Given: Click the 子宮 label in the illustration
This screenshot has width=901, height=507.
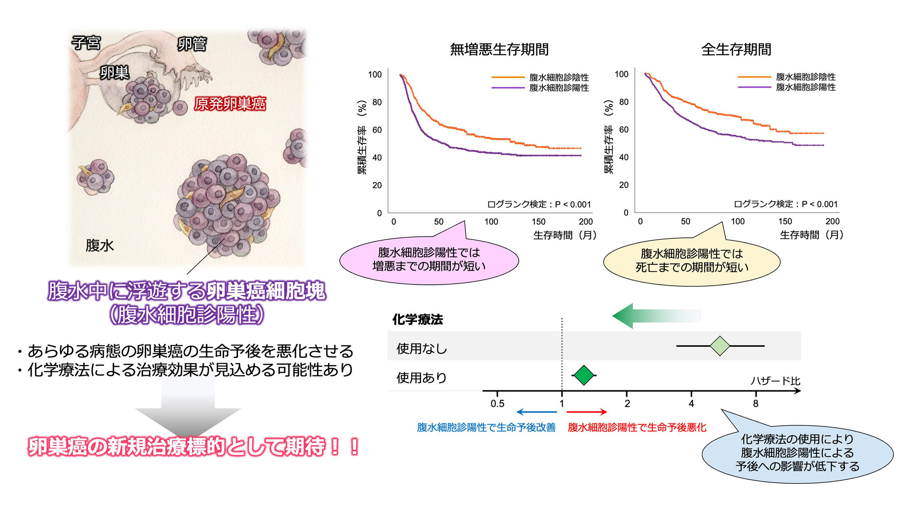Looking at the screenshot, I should [x=86, y=42].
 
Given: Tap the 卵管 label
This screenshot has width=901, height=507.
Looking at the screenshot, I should [x=192, y=44].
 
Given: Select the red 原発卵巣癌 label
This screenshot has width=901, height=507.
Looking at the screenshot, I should [x=230, y=104].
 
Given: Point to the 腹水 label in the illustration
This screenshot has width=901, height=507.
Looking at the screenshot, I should [x=99, y=245].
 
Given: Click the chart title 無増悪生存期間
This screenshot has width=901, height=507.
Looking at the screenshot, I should [x=499, y=49].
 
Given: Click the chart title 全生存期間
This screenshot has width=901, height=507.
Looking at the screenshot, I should [x=736, y=49].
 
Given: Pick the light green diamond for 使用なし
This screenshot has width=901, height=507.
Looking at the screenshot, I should [x=720, y=346].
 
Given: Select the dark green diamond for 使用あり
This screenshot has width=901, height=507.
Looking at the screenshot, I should [x=584, y=375].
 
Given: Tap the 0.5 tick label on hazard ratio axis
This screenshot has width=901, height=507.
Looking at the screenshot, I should [x=497, y=404].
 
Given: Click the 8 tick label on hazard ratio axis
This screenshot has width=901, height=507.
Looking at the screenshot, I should [x=756, y=404].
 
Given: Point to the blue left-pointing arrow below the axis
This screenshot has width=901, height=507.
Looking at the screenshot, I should [x=536, y=412].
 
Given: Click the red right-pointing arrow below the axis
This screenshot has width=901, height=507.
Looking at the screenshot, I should [x=587, y=412].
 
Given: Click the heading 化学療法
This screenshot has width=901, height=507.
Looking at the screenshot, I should [x=417, y=319].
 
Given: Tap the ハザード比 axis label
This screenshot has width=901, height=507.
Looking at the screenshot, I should [x=775, y=381].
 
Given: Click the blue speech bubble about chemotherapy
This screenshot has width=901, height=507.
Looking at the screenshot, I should [x=797, y=453].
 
